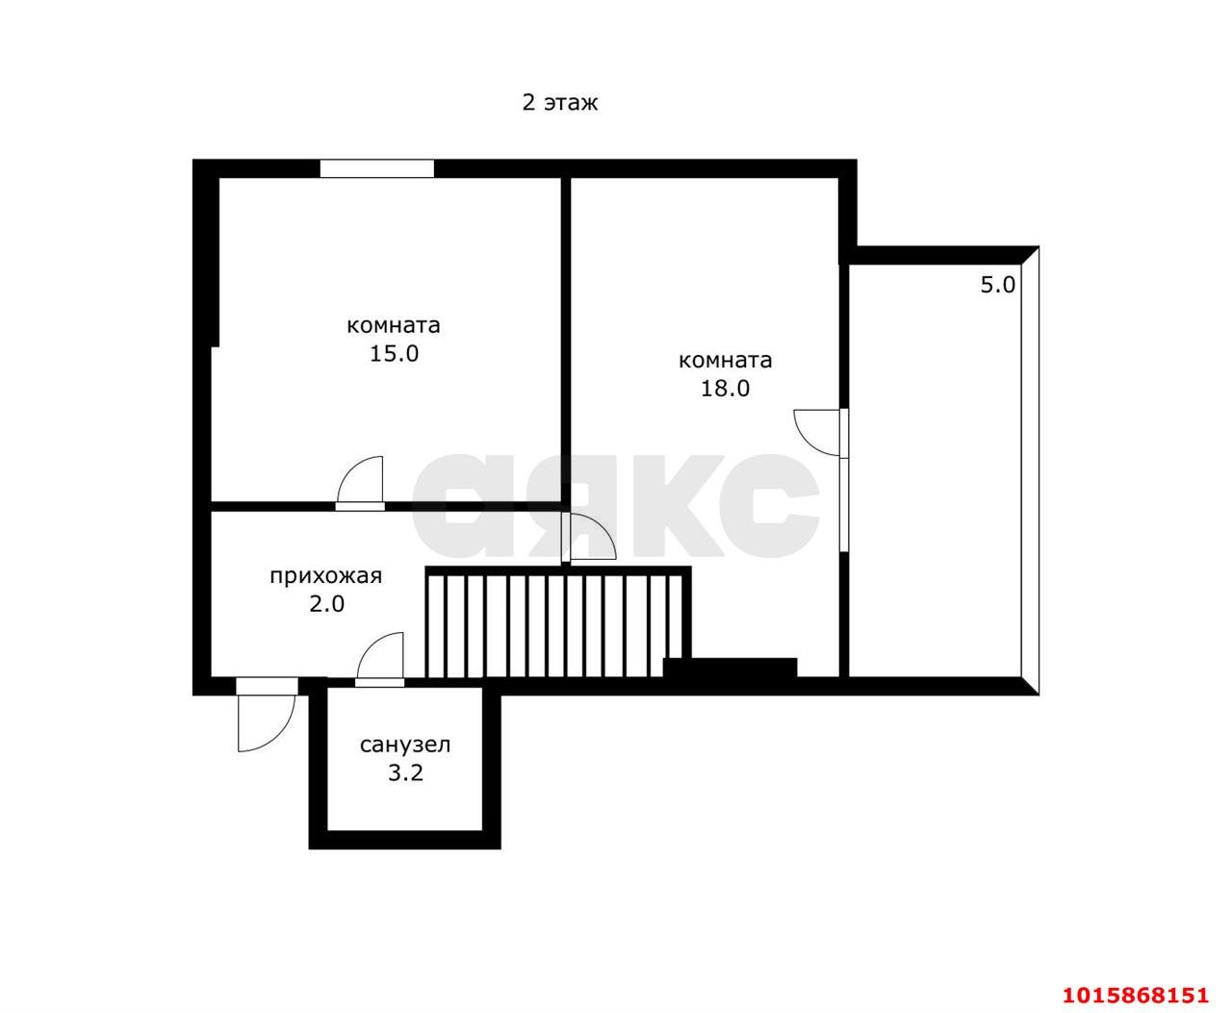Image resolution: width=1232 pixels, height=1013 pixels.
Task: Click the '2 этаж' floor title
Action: (x=559, y=103)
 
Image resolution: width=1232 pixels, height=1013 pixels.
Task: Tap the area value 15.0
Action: (x=394, y=353)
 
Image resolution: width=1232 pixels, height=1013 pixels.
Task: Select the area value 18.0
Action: (x=725, y=388)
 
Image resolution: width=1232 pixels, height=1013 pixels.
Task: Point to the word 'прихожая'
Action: (x=325, y=576)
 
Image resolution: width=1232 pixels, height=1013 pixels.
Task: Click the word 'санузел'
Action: (x=405, y=745)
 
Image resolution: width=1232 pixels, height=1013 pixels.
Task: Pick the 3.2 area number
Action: (x=405, y=772)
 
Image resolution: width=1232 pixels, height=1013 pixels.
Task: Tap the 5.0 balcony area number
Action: (x=997, y=285)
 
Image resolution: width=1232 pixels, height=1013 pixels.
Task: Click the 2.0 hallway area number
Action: (x=326, y=604)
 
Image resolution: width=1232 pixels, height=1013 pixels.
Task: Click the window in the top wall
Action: (x=376, y=168)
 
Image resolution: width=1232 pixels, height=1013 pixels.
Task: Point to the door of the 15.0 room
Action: (x=360, y=482)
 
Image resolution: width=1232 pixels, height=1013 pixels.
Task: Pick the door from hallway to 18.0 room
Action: (x=589, y=537)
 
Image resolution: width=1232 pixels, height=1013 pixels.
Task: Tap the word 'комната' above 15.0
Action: (x=393, y=325)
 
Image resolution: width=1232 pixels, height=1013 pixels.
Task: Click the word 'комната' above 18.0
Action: (x=725, y=360)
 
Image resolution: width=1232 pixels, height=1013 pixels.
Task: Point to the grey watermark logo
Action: (x=615, y=506)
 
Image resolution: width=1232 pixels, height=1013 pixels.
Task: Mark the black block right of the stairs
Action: (x=730, y=668)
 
